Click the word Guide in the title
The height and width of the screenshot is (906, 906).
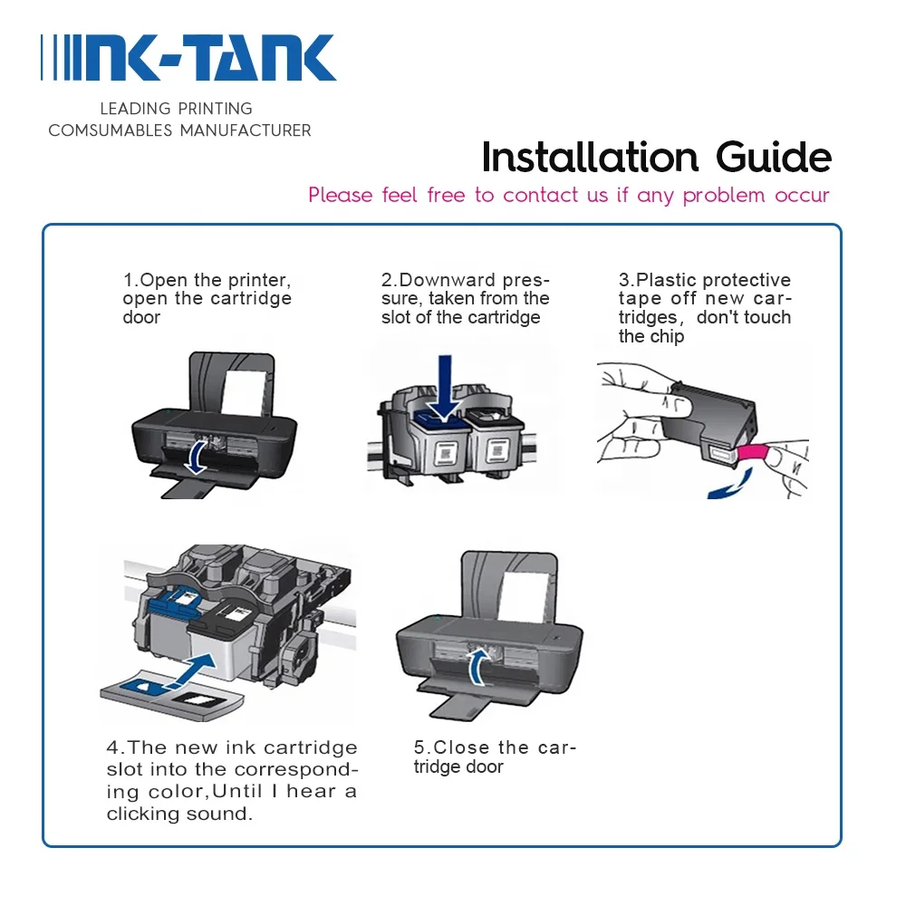coord(774,158)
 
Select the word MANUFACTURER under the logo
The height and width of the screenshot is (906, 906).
coord(246,130)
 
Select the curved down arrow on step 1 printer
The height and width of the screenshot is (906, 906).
coord(195,458)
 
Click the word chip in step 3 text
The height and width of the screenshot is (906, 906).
coord(667,337)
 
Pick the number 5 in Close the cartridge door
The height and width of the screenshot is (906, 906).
coord(419,747)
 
